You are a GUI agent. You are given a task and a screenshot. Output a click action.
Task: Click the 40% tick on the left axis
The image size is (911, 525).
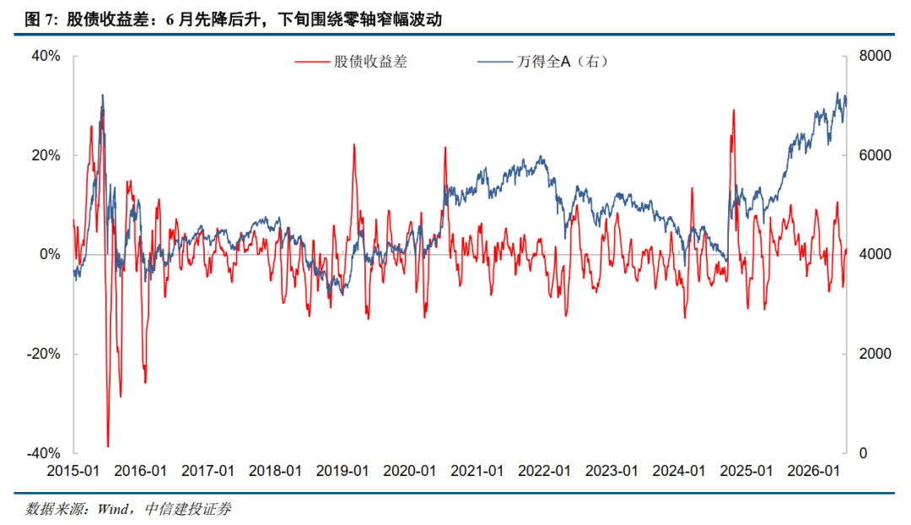pyautogui.click(x=46, y=56)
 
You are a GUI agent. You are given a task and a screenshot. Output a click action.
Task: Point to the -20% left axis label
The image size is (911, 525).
pyautogui.click(x=44, y=354)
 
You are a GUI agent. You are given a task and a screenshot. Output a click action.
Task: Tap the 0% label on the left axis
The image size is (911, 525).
pyautogui.click(x=50, y=255)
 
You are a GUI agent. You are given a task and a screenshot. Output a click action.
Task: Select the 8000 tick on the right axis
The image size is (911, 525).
pyautogui.click(x=875, y=56)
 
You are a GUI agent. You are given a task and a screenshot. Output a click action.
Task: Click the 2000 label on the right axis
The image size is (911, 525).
pyautogui.click(x=875, y=354)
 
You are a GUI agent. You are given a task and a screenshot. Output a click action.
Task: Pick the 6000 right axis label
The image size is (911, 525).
pyautogui.click(x=875, y=155)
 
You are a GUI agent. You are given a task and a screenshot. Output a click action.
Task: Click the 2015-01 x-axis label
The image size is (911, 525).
pyautogui.click(x=73, y=471)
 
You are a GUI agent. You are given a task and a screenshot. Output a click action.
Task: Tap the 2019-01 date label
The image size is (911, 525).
pyautogui.click(x=342, y=471)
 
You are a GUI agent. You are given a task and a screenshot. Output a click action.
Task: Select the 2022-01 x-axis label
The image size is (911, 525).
pyautogui.click(x=544, y=471)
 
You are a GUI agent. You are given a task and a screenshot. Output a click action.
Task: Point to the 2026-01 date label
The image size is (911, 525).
pyautogui.click(x=813, y=471)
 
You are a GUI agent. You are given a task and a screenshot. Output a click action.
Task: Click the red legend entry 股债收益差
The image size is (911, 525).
pyautogui.click(x=351, y=62)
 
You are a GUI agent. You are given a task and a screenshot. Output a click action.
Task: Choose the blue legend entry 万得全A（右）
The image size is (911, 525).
pyautogui.click(x=543, y=62)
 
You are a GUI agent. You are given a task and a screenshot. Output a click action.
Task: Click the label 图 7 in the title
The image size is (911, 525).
pyautogui.click(x=40, y=19)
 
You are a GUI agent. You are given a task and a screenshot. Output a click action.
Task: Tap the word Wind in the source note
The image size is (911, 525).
pyautogui.click(x=113, y=509)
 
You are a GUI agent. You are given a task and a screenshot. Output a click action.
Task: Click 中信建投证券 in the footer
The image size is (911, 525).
pyautogui.click(x=187, y=509)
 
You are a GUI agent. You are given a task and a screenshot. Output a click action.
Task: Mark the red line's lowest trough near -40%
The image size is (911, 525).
pyautogui.click(x=108, y=447)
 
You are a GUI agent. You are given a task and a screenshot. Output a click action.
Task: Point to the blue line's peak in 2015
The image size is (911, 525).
pyautogui.click(x=103, y=95)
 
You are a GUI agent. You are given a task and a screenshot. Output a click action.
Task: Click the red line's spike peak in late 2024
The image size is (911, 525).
pyautogui.click(x=734, y=110)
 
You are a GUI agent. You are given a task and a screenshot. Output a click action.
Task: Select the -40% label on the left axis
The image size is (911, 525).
pyautogui.click(x=44, y=453)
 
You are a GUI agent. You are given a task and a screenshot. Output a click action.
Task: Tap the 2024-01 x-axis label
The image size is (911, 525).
pyautogui.click(x=678, y=471)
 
